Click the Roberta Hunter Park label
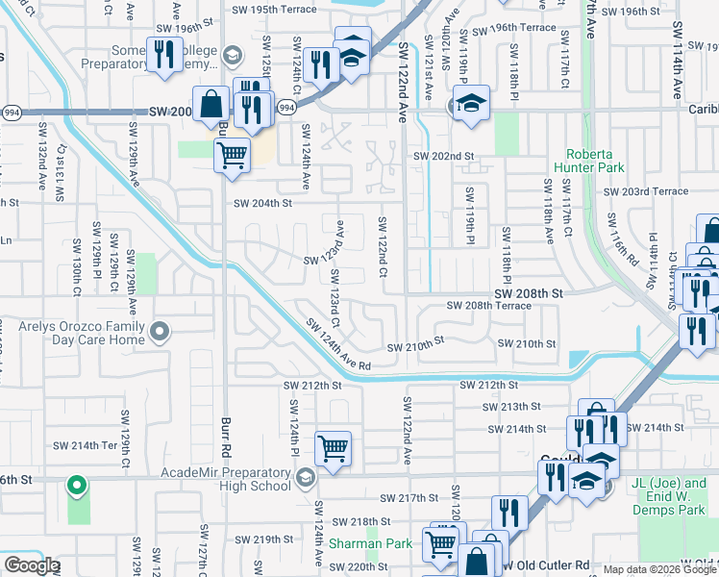click(595, 161)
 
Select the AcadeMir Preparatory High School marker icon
click(306, 477)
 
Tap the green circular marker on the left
click(77, 485)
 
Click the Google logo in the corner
click(32, 565)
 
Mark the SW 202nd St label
click(444, 156)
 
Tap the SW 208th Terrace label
click(488, 305)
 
